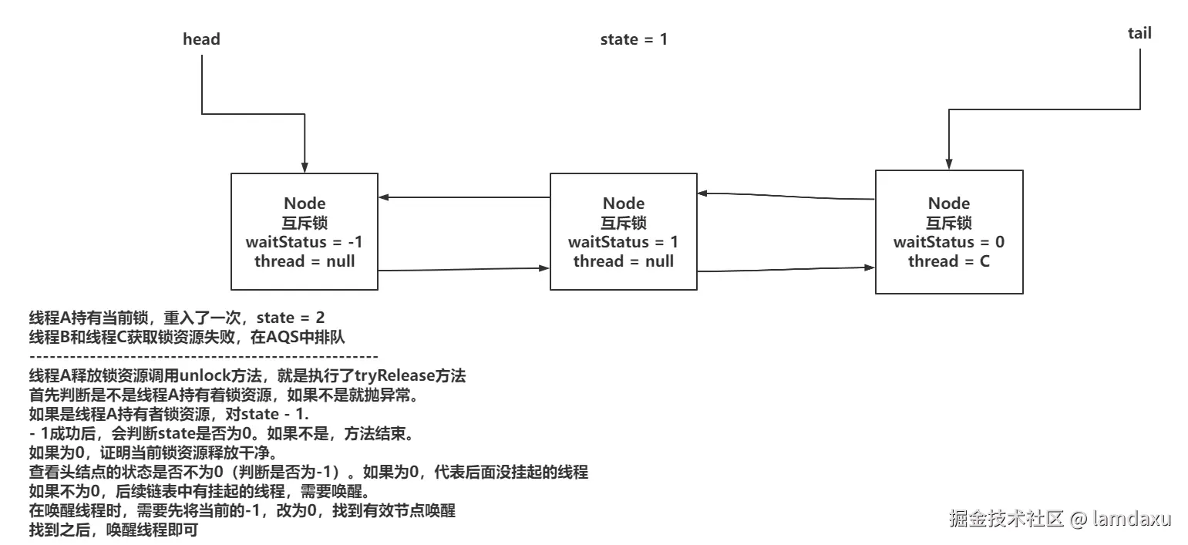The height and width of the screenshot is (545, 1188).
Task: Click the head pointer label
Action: pos(201,39)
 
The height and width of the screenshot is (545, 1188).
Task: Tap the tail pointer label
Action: pos(1139,33)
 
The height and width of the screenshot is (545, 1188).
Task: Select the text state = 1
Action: pos(634,39)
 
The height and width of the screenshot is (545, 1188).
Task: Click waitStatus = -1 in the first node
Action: pos(304,242)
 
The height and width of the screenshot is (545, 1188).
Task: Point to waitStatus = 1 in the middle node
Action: pos(623,242)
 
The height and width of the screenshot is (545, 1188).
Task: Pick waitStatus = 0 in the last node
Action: pos(948,242)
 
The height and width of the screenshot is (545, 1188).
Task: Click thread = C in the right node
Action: pos(948,261)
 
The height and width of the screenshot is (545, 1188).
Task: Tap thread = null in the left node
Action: pos(304,261)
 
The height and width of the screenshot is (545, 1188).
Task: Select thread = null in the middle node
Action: pos(623,261)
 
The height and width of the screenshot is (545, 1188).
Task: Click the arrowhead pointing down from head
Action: pos(305,167)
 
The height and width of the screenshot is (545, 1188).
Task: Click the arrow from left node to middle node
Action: pos(463,269)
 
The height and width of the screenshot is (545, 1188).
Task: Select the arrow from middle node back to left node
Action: pos(463,197)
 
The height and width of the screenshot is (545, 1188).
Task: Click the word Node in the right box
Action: pos(948,204)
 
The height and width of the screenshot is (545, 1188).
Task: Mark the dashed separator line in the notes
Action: pos(203,358)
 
